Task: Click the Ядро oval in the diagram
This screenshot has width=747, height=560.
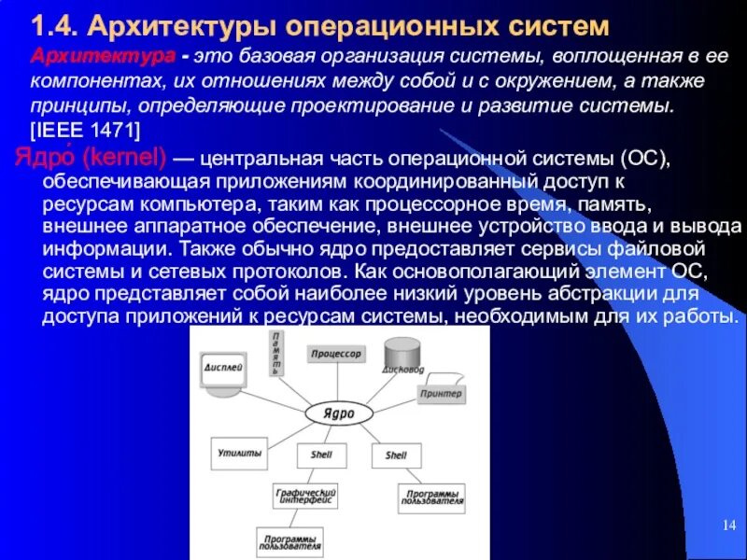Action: click(338, 412)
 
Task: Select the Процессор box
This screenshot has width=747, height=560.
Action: click(336, 355)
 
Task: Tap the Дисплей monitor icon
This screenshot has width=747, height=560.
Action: click(224, 373)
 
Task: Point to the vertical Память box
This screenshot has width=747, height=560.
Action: click(275, 353)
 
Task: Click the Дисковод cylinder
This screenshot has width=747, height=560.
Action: click(403, 356)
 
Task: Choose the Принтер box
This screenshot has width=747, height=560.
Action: click(440, 394)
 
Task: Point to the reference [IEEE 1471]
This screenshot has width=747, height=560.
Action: click(85, 127)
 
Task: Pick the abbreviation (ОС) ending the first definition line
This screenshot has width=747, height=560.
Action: click(644, 155)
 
